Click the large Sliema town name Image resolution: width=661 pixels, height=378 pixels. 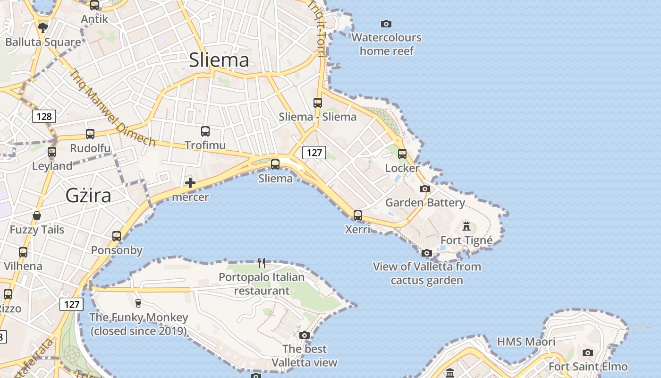coord(219,60)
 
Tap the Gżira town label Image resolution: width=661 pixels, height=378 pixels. coord(88,195)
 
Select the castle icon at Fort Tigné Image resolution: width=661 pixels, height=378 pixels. coord(466,226)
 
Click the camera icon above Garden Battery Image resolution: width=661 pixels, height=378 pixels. coord(425,189)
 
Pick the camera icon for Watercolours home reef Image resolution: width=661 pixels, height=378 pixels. coord(386,24)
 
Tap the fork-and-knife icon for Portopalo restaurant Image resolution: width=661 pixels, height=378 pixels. coord(262,263)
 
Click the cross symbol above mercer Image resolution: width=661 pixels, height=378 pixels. coord(190,182)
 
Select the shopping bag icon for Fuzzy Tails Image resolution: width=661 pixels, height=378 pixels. coord(37,216)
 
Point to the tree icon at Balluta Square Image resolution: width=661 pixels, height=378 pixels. coord(43,27)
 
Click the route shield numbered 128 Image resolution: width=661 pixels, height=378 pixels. coord(44,116)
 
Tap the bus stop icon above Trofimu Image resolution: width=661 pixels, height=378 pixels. coord(205,131)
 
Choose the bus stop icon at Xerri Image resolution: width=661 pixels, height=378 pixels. coord(358,215)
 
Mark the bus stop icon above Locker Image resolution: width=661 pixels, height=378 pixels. coord(402,154)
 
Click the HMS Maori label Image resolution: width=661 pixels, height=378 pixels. coord(526,342)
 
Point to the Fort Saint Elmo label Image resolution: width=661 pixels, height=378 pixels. coord(588,367)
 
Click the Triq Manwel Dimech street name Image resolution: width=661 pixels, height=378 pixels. coord(112,109)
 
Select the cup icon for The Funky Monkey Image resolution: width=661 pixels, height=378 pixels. coord(138,303)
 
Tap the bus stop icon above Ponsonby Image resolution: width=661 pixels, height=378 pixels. coord(117,236)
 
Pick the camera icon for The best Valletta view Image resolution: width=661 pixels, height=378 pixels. coord(305,335)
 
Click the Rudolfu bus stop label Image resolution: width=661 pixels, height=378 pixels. coord(90,148)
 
